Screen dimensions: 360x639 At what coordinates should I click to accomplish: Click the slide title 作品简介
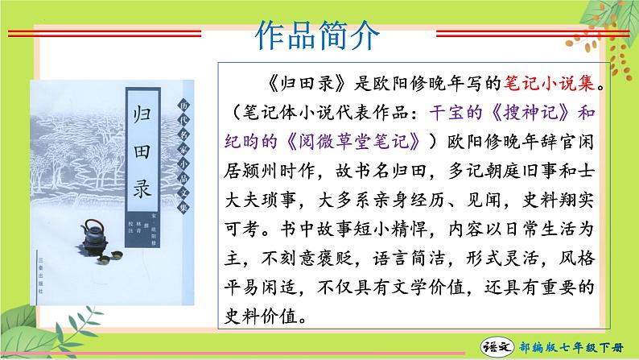319,35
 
